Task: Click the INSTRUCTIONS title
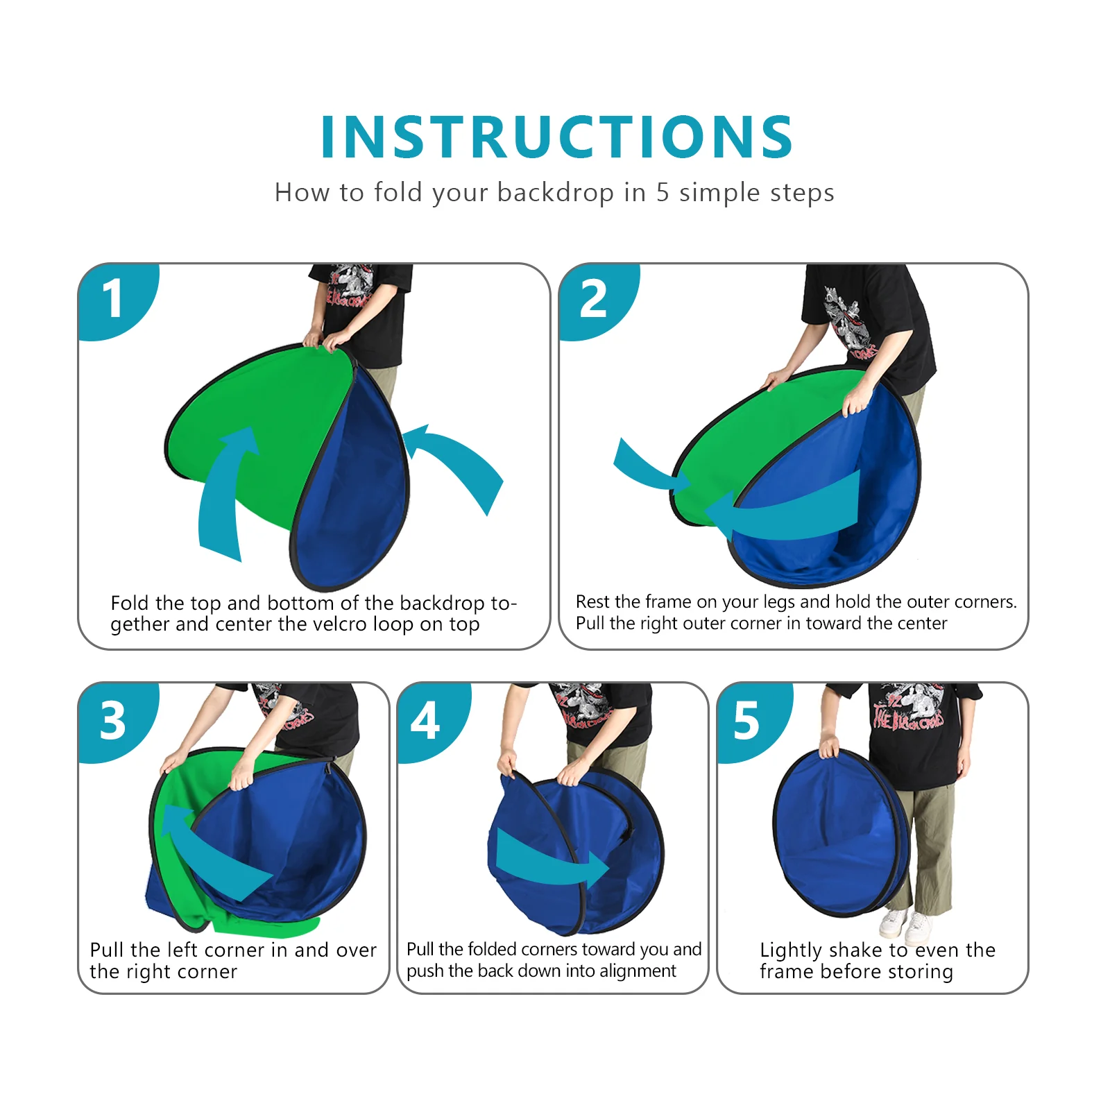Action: [556, 137]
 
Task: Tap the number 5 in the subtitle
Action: [663, 193]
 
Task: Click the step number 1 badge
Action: [112, 299]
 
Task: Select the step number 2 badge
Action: [593, 299]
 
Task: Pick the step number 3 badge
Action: [113, 720]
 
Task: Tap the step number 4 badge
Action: [425, 720]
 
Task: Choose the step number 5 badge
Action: [746, 720]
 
